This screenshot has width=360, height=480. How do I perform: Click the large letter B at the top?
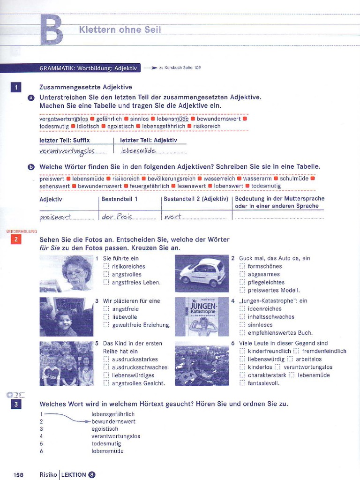coord(52,30)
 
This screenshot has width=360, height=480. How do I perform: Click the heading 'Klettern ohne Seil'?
coord(120,30)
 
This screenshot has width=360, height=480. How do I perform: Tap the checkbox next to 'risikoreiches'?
coord(106,266)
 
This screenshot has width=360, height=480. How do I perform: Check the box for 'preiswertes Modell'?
coord(242,290)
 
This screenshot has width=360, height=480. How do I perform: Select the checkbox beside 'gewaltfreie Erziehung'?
coord(106,325)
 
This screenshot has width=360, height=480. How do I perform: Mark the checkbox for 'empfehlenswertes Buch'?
coord(242,333)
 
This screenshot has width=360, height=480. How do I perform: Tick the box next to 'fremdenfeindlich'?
coord(296,351)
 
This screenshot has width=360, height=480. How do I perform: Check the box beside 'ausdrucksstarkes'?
coord(106,359)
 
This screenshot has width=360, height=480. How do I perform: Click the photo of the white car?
coord(202,273)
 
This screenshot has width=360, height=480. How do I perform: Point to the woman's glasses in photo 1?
coord(76,272)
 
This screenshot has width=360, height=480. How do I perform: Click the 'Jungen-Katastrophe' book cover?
coord(202,316)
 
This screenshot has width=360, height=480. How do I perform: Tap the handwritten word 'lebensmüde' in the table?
coord(138,150)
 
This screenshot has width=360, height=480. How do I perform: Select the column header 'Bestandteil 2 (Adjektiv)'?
coord(196,199)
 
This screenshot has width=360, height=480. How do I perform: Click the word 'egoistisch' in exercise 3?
coord(105,429)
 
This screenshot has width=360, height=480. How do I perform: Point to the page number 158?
coord(18,475)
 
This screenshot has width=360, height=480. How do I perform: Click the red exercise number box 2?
coord(16,240)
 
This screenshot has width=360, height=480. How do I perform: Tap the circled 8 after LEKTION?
coord(92,475)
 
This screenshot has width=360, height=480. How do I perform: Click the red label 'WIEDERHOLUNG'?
coord(22,232)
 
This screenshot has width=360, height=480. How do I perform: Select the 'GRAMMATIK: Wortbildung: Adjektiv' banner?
coord(88,68)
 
